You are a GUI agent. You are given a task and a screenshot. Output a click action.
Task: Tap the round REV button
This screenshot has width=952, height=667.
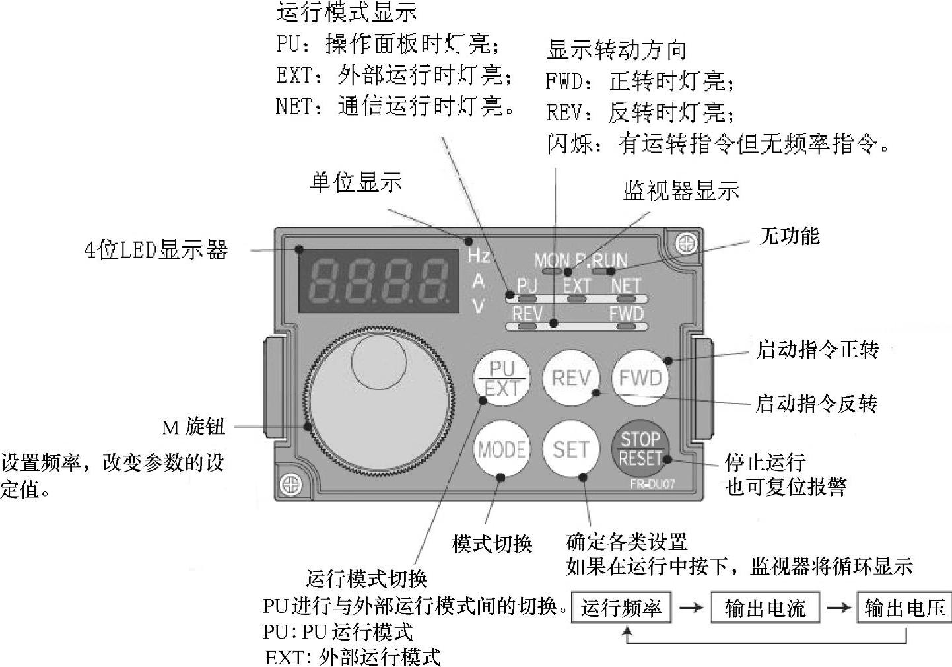click(571, 378)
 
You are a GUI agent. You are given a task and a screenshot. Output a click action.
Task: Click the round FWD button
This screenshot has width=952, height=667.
click(640, 378)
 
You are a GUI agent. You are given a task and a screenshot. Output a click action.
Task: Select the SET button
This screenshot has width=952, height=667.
click(570, 449)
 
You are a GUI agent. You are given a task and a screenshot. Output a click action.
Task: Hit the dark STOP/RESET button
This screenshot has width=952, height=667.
click(640, 449)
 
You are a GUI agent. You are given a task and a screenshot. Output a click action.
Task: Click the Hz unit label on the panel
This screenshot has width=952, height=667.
click(479, 256)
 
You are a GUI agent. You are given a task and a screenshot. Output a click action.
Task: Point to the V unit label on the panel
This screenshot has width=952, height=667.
click(479, 306)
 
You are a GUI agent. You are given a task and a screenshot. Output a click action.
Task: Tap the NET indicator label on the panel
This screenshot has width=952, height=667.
click(625, 285)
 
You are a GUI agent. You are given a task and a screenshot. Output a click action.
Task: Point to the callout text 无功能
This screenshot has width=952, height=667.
click(789, 236)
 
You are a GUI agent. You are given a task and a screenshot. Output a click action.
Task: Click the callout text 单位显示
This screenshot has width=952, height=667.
click(356, 182)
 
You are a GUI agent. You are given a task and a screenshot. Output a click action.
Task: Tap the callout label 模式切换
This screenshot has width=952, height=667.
click(492, 544)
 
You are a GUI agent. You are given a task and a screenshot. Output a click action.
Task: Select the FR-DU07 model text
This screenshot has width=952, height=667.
click(652, 484)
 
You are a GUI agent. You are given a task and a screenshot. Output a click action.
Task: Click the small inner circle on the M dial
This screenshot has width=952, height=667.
click(379, 361)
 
